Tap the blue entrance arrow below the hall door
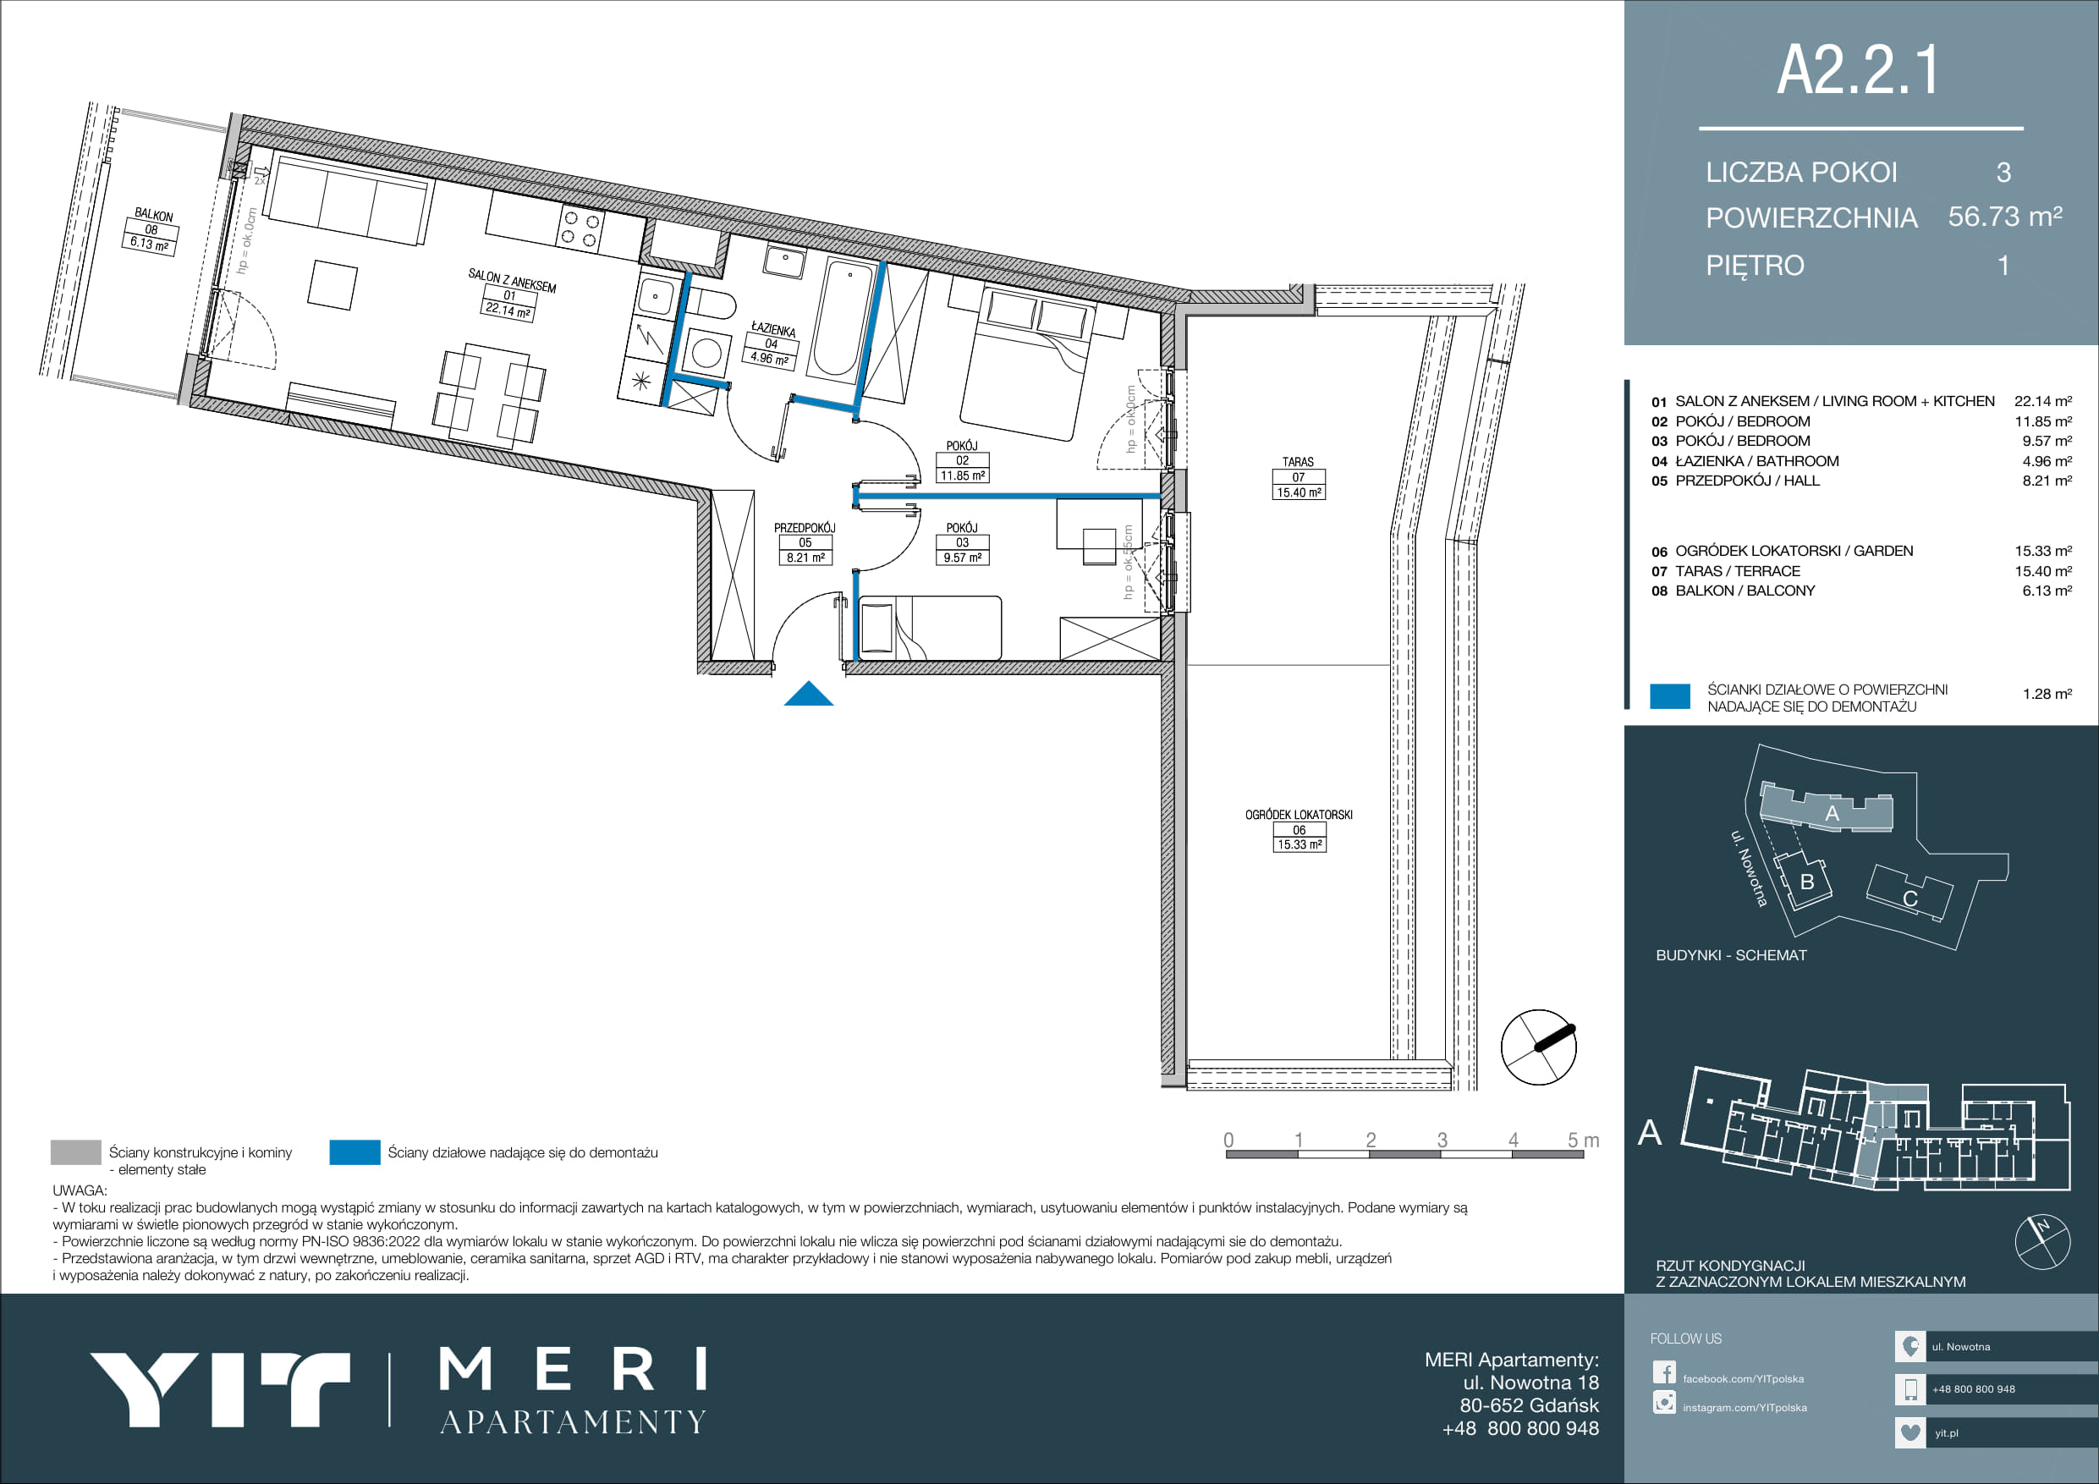pos(808,695)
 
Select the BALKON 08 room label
pos(151,229)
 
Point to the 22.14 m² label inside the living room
pos(508,311)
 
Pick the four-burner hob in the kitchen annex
pos(580,228)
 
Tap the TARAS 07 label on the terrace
pos(1298,477)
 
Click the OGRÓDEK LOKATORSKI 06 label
pos(1299,829)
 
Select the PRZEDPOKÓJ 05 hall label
pos(805,542)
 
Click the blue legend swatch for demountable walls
pos(354,1152)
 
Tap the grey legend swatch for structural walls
pos(76,1152)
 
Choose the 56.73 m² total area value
pos(2005,217)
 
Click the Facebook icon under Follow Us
pos(1664,1372)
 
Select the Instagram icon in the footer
pos(1664,1402)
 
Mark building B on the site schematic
pos(1806,882)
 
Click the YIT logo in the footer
pos(219,1390)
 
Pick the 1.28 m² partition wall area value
pos(2047,694)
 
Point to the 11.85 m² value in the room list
pos(2043,421)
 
